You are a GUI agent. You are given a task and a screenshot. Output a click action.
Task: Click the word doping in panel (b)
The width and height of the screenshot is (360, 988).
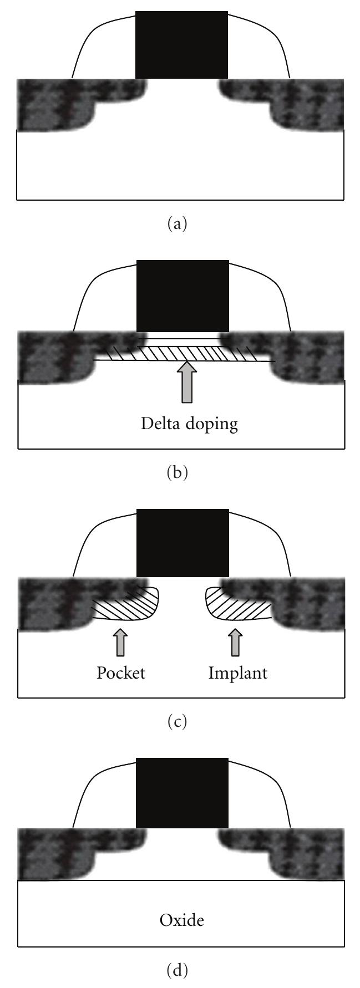click(x=212, y=425)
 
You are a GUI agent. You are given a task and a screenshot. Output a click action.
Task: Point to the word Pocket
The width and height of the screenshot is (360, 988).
click(x=121, y=673)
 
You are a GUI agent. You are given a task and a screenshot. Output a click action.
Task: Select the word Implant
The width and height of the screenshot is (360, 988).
click(x=238, y=673)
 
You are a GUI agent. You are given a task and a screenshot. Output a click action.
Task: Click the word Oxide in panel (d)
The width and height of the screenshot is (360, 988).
click(x=181, y=921)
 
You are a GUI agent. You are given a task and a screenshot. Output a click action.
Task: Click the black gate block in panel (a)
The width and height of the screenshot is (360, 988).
click(x=181, y=45)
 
